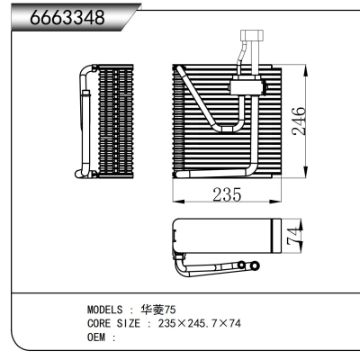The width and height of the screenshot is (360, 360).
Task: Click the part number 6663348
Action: coord(68,19)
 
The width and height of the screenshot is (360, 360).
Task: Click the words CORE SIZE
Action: coord(112,323)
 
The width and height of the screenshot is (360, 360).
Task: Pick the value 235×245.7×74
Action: coord(200,323)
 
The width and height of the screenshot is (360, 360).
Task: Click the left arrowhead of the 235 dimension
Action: coord(174,204)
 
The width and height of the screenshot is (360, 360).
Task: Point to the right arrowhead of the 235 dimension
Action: coord(280,204)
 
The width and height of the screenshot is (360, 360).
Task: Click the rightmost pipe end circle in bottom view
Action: coord(255,265)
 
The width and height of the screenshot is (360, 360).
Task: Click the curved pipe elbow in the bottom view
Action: coord(181,263)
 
